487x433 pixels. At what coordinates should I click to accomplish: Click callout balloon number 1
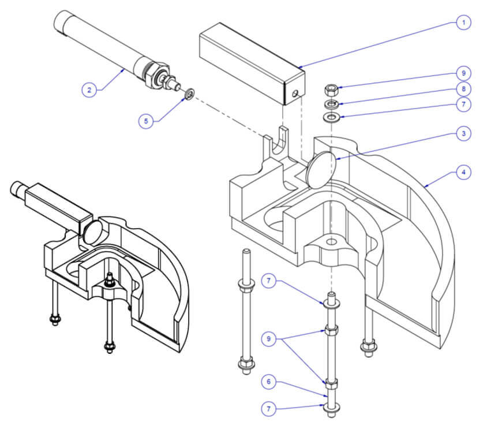(463, 23)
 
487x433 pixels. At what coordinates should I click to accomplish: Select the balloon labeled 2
(89, 90)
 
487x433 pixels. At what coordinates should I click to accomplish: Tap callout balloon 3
(463, 133)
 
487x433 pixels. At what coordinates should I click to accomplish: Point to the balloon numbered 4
(463, 172)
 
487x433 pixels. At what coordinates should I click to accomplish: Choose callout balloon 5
(146, 121)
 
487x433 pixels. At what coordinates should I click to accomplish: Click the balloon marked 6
(269, 382)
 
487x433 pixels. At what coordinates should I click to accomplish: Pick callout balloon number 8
(463, 89)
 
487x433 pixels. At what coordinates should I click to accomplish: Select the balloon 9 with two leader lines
(269, 338)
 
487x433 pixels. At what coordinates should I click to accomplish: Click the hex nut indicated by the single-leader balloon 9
(331, 90)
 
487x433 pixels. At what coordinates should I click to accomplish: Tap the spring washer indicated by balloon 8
(331, 104)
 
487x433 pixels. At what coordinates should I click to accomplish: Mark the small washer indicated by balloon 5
(189, 94)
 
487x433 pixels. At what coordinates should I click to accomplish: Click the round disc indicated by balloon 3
(321, 170)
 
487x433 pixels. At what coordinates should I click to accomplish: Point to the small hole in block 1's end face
(295, 93)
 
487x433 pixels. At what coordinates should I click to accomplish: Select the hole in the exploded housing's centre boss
(332, 242)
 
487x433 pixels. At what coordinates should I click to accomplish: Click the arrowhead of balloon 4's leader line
(426, 187)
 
